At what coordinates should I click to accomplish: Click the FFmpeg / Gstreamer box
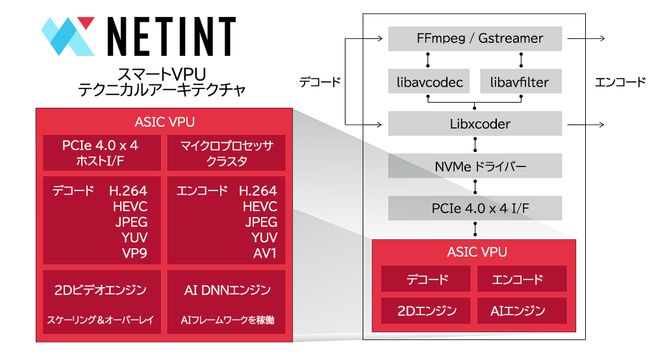tap(475, 38)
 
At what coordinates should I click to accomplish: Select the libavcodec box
tap(429, 83)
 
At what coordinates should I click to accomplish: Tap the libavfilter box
tap(519, 83)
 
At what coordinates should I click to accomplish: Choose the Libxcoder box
tap(475, 123)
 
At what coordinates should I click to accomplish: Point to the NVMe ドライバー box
tap(475, 166)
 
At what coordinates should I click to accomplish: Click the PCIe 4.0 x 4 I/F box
tap(475, 209)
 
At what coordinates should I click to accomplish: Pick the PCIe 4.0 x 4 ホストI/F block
tap(100, 153)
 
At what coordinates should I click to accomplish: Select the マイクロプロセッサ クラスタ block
tap(227, 153)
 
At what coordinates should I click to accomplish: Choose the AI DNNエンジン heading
tap(227, 290)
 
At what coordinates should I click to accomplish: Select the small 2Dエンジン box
tap(427, 311)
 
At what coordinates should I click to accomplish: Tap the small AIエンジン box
tap(522, 311)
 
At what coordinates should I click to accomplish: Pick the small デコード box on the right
tap(427, 280)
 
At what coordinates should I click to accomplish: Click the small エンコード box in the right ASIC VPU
tap(522, 280)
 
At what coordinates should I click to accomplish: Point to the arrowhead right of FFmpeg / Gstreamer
tap(603, 39)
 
